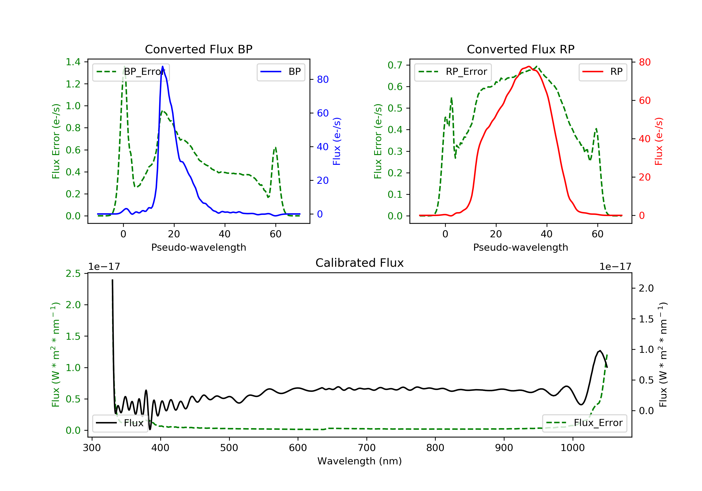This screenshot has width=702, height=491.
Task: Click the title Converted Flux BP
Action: click(x=198, y=49)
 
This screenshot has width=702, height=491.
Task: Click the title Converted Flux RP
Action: click(x=520, y=49)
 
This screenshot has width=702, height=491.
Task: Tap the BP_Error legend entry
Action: click(x=131, y=72)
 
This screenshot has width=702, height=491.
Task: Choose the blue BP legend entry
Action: click(x=281, y=72)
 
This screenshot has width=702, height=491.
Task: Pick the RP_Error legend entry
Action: click(x=453, y=72)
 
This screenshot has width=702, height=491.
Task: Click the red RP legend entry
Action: click(x=603, y=72)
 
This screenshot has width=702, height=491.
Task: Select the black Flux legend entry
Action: click(x=120, y=423)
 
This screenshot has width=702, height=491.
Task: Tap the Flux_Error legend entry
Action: click(x=584, y=423)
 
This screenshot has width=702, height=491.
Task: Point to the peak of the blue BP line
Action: click(x=162, y=66)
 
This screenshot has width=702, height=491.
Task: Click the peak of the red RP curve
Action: click(x=529, y=66)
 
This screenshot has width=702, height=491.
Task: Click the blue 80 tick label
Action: click(x=322, y=79)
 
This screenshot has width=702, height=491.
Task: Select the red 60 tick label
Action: click(x=644, y=101)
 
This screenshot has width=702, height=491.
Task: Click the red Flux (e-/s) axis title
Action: click(x=658, y=141)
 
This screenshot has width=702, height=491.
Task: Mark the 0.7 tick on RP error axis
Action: click(x=395, y=65)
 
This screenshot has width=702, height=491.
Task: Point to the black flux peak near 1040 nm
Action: click(x=600, y=351)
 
